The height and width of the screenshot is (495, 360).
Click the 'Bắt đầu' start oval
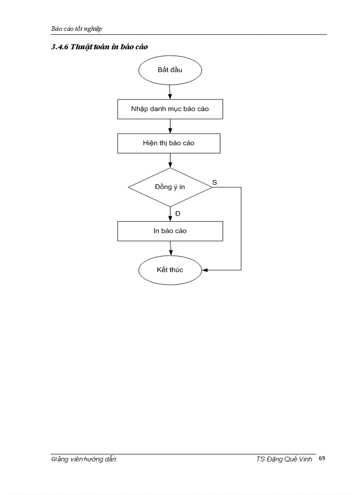[170, 70]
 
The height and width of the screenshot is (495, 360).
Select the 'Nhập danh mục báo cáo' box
[170, 109]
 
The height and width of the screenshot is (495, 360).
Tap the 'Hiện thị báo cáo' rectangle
[169, 143]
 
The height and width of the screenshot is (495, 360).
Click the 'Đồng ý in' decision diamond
[170, 187]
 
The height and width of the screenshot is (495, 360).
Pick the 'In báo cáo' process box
[170, 231]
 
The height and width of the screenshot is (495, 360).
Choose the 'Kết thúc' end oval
[170, 269]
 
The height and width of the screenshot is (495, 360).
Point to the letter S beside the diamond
[214, 182]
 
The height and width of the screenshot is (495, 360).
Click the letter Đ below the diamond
[177, 213]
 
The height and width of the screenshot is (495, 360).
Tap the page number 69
[322, 458]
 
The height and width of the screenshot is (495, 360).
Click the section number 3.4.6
[60, 47]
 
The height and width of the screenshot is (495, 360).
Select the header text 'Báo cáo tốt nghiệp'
[77, 29]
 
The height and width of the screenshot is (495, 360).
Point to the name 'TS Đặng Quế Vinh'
[284, 459]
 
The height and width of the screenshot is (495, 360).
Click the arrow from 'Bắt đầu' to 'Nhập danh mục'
[170, 92]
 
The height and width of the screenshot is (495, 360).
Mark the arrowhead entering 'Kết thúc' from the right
[205, 269]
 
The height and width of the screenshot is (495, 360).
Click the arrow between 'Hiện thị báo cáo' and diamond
[170, 160]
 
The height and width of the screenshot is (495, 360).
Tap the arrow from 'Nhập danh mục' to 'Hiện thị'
[170, 127]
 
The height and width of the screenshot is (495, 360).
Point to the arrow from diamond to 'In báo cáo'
[170, 214]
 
